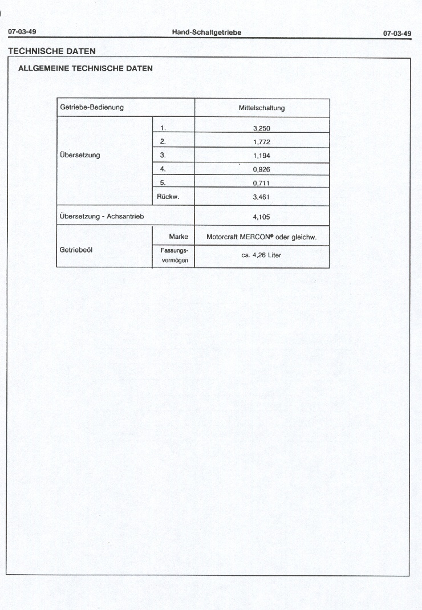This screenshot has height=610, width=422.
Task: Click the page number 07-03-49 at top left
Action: pyautogui.click(x=22, y=32)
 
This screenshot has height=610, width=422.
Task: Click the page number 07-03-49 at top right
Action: pyautogui.click(x=397, y=33)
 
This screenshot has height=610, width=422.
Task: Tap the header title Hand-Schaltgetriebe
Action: pyautogui.click(x=206, y=32)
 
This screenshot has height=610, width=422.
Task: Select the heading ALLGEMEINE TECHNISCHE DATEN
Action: pyautogui.click(x=86, y=68)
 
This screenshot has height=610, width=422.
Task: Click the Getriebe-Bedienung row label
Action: pyautogui.click(x=92, y=108)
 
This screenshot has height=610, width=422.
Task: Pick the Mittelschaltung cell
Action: pyautogui.click(x=262, y=108)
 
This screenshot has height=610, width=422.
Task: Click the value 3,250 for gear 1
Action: pyautogui.click(x=261, y=129)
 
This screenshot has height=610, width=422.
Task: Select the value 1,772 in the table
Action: pyautogui.click(x=261, y=142)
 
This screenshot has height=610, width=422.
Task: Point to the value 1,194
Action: pyautogui.click(x=261, y=156)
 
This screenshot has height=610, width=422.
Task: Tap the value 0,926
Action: pyautogui.click(x=261, y=169)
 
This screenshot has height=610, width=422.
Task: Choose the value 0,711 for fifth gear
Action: pyautogui.click(x=261, y=183)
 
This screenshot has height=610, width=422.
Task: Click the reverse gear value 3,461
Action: pyautogui.click(x=261, y=197)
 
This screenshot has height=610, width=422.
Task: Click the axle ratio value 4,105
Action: pyautogui.click(x=261, y=217)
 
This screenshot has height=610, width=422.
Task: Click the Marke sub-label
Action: pyautogui.click(x=178, y=236)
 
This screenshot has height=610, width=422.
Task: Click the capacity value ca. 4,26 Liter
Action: pyautogui.click(x=261, y=255)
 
